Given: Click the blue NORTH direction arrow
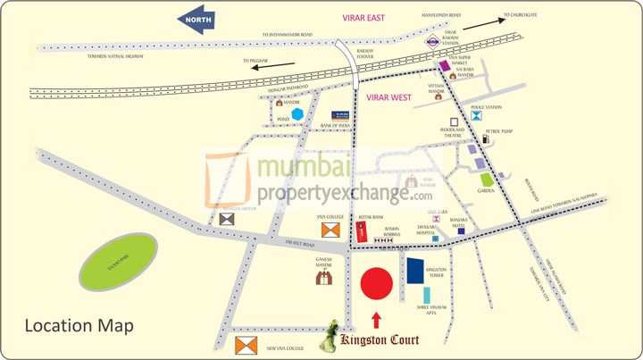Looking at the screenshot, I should pos(197,20).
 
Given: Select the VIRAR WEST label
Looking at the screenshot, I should pos(388,97).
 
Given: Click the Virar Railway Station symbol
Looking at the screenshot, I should pos(430,40).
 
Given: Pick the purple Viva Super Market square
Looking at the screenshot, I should pos(444,66).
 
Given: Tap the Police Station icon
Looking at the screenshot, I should pos(477,115).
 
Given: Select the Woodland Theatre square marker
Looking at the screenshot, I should pos(455,121).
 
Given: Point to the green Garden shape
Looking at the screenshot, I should pos(487,180).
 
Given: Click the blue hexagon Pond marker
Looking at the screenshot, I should pos(296,114).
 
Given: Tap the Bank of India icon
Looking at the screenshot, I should pos(340,115).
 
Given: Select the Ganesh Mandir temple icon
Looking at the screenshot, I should pos(324,277).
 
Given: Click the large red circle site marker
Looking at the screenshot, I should pos(376,283).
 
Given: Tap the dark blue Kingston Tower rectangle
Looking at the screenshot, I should pos(414,271).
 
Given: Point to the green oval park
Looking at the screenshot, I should pos(119,260).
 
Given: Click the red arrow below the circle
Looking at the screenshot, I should pos(376,319).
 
